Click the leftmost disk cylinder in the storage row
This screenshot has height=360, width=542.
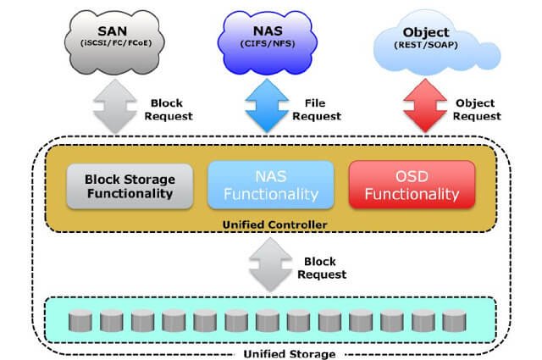pos(80,321)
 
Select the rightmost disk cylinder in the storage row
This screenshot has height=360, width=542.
pos(454,321)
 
